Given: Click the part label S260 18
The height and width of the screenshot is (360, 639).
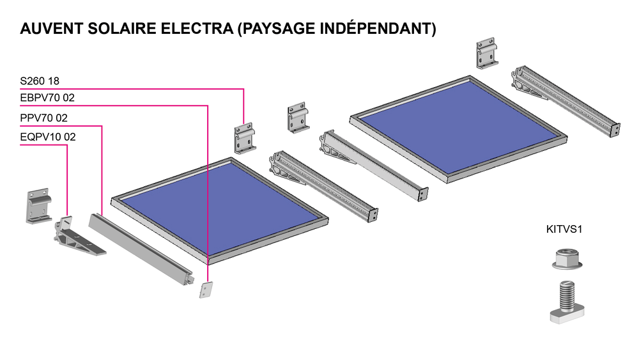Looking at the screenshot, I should [x=40, y=81].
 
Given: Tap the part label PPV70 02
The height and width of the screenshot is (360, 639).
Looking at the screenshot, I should [x=44, y=118].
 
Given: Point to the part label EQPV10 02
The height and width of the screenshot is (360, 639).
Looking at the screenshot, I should [x=48, y=136].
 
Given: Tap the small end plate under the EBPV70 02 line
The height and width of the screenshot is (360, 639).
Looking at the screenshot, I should [x=205, y=290].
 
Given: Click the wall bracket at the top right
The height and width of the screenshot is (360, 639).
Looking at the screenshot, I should [x=488, y=54].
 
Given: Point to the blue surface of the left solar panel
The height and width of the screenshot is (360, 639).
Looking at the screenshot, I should [x=221, y=209].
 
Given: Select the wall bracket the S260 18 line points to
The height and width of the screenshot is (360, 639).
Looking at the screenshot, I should [x=243, y=139].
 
